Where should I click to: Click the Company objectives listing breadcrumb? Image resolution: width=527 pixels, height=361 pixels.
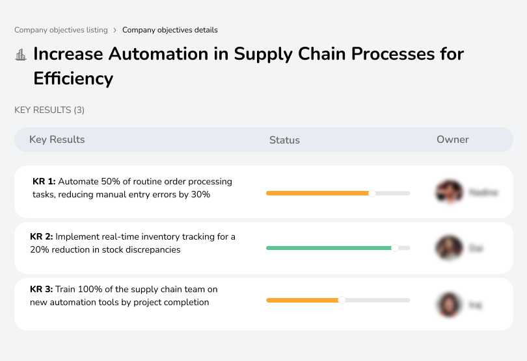(61, 30)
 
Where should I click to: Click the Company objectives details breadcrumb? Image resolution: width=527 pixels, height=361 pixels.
(170, 30)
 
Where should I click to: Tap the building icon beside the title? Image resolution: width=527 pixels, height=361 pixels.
(21, 55)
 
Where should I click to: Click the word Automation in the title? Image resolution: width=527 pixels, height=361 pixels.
(156, 53)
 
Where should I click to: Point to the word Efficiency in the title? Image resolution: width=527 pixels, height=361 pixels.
(73, 79)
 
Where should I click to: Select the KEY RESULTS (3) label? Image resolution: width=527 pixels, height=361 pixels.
(49, 110)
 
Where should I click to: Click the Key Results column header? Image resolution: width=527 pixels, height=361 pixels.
(57, 140)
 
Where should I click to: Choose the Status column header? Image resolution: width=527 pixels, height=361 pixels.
(284, 140)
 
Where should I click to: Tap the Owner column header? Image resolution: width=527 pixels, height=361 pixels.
(453, 140)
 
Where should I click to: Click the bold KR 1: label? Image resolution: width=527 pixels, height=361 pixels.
(44, 182)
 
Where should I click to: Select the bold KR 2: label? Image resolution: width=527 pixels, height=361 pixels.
(42, 237)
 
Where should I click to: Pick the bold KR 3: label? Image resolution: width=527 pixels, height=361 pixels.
(42, 290)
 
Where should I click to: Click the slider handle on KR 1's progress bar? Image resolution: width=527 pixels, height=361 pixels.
(372, 193)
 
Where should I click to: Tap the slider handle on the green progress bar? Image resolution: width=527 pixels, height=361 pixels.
(394, 247)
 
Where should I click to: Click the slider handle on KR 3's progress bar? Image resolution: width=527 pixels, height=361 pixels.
(342, 300)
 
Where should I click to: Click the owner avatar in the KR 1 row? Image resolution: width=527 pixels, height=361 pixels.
(449, 192)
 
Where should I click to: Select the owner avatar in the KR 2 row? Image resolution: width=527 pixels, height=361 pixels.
(449, 247)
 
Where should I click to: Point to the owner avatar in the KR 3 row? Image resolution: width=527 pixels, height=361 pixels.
(449, 304)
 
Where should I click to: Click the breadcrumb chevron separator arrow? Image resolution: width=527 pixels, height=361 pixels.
(115, 30)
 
